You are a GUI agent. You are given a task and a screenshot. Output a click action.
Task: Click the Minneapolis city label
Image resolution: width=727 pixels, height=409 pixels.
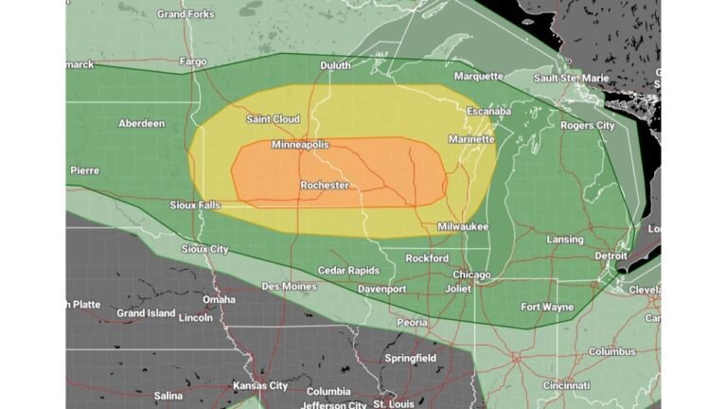pos(300,145)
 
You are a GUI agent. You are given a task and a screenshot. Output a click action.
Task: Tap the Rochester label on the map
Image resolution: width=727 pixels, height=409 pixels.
pos(325,186)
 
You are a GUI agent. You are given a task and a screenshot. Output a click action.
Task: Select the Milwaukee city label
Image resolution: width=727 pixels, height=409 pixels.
pos(463,227)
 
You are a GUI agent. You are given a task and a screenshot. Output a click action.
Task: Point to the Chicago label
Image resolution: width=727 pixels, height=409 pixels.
pos(471,275)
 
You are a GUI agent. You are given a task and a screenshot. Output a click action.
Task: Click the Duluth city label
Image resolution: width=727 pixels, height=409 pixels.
pos(335,65)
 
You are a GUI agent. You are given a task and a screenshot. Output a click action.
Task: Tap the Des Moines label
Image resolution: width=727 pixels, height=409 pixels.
pos(290,286)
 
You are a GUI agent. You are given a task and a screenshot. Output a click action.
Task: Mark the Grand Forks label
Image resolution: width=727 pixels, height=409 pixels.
pos(185,14)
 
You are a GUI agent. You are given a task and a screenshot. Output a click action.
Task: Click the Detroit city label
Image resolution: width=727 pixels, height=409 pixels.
pos(611,256)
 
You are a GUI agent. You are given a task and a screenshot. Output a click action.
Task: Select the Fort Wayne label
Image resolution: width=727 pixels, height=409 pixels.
pos(548,307)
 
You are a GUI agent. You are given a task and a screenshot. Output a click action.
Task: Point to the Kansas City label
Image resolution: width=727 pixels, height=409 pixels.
pos(260,386)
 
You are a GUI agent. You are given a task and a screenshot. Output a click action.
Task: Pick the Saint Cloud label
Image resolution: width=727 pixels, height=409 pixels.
pos(273,119)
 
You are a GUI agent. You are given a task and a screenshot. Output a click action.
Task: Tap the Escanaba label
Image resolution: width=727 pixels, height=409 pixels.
pos(488,112)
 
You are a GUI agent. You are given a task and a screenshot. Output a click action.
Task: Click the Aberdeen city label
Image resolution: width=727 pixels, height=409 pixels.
pos(141,123)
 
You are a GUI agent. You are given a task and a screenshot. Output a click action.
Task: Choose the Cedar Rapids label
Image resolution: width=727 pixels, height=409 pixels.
pos(348,270)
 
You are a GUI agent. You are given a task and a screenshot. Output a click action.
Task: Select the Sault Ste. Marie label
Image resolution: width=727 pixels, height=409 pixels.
pos(572,78)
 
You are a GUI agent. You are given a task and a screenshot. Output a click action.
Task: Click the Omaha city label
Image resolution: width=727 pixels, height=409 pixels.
pos(219,299)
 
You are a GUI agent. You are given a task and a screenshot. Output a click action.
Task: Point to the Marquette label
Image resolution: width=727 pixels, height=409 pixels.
pos(478,76)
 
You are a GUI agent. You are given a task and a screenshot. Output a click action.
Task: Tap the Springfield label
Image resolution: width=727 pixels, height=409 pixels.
pos(410,358)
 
